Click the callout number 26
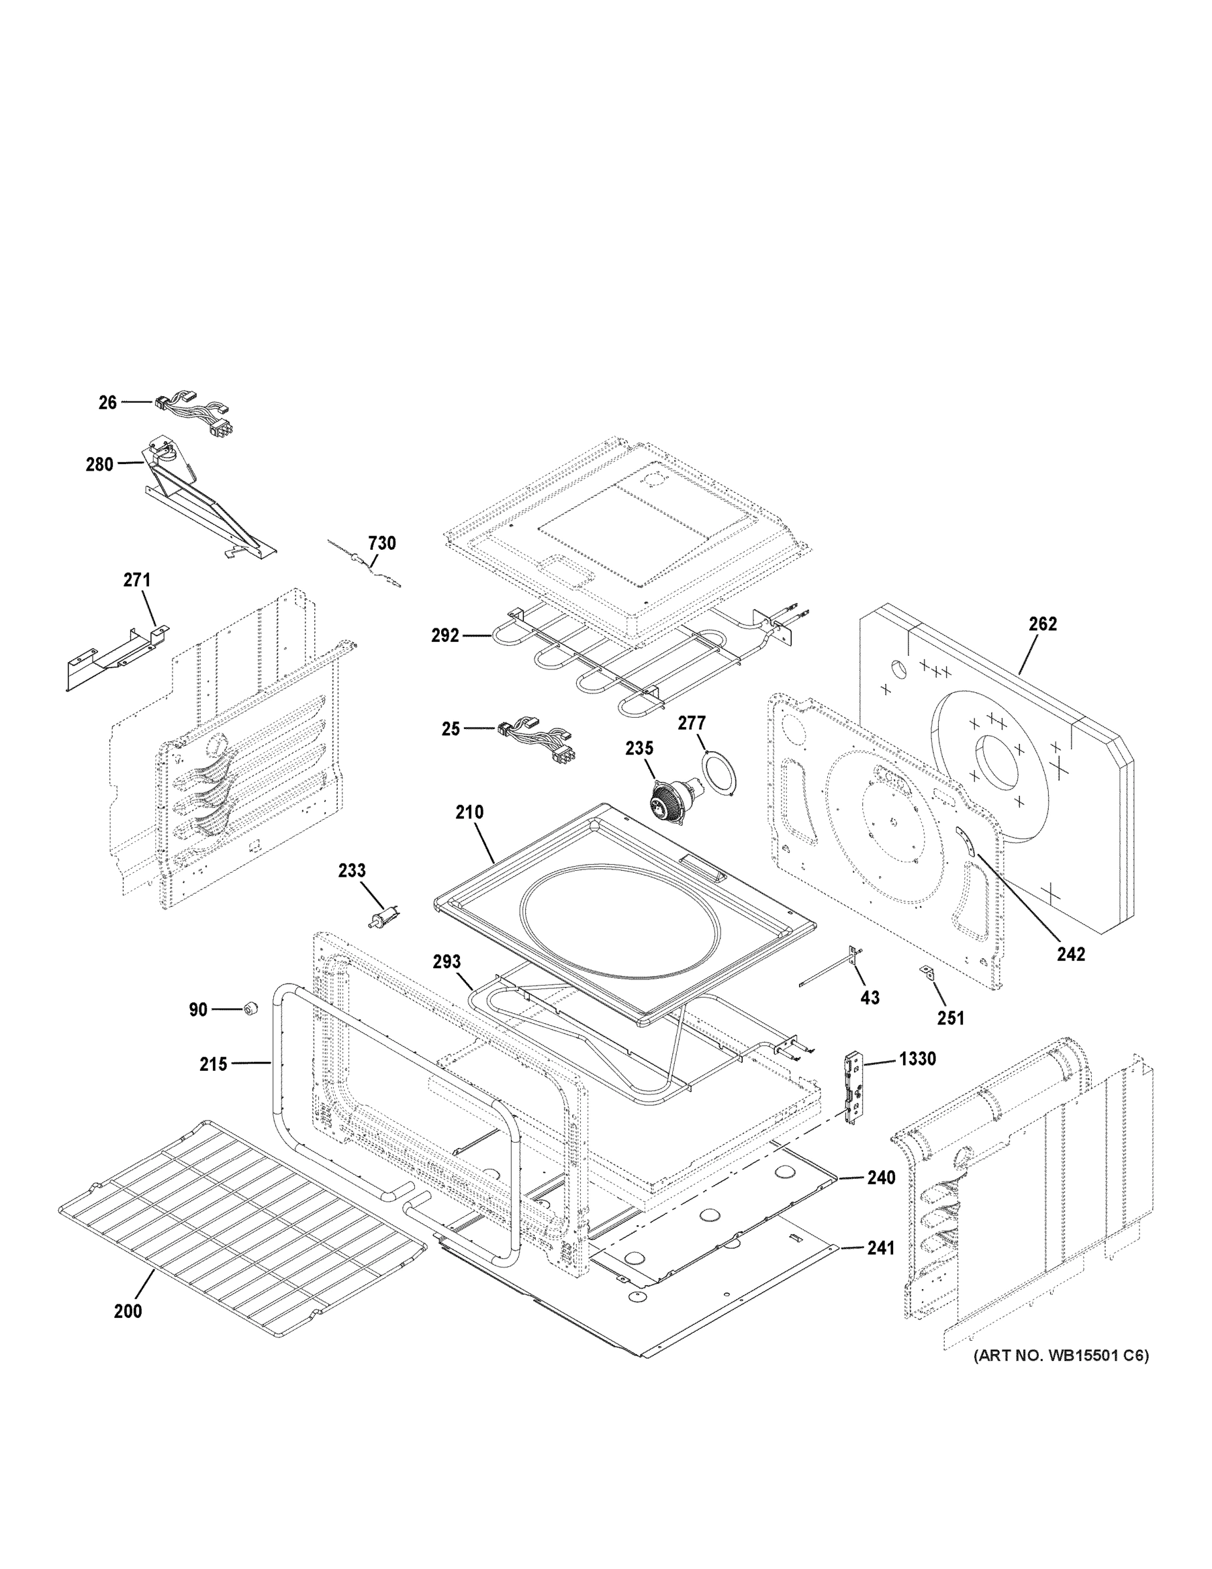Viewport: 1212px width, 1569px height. [108, 403]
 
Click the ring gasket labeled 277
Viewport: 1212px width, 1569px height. [719, 772]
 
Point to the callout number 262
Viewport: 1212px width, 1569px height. [1043, 624]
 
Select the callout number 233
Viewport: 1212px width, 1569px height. [352, 871]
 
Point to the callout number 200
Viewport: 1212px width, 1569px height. [128, 1311]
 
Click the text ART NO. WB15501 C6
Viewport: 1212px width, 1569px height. [1060, 1356]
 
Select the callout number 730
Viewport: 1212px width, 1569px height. [382, 543]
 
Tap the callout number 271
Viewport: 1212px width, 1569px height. [137, 580]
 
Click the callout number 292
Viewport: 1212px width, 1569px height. [445, 635]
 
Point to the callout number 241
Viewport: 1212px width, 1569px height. [881, 1249]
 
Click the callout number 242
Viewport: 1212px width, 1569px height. [1071, 954]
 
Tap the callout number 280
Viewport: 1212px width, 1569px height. [100, 465]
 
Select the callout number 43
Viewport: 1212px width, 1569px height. [870, 998]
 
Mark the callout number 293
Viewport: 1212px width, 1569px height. [447, 962]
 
